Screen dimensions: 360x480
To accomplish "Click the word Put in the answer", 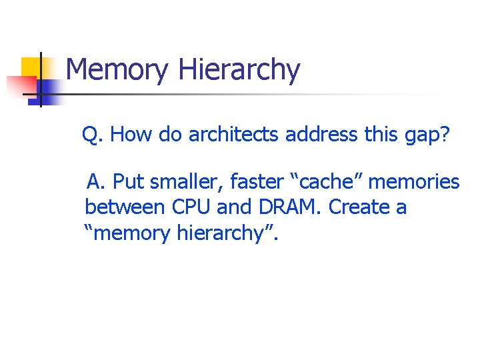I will tap(128, 181).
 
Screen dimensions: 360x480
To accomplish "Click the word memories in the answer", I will tap(416, 181).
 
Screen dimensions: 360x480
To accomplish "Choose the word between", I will tap(125, 207).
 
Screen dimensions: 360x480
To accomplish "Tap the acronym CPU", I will tap(192, 207).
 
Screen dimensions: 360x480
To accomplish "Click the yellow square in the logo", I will tap(32, 68).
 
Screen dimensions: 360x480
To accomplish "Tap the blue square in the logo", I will tap(50, 89).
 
